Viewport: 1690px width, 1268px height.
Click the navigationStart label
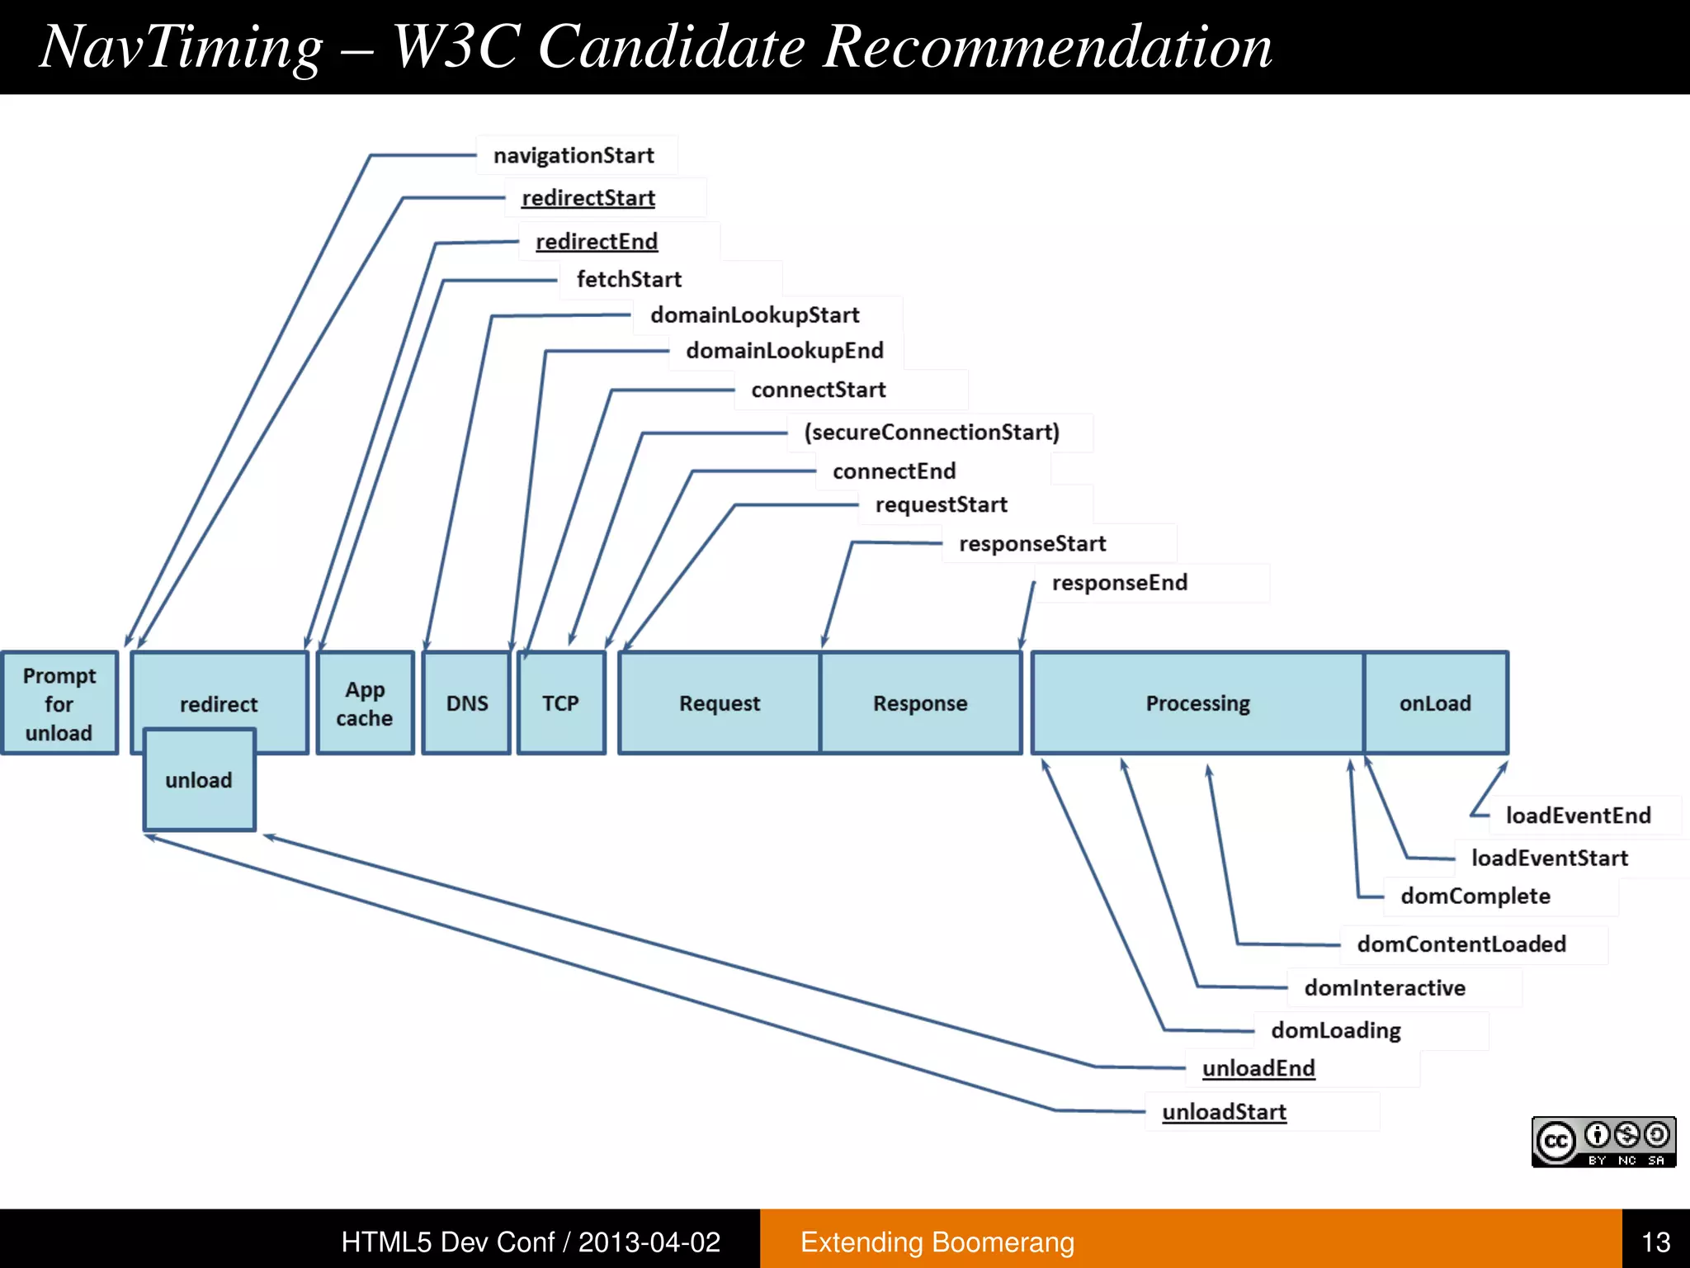point(574,155)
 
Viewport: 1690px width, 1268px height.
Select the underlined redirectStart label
point(588,198)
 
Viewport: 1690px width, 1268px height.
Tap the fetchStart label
point(629,279)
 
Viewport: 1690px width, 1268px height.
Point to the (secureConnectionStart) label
point(931,432)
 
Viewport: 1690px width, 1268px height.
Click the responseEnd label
point(1119,583)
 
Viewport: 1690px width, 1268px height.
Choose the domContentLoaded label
point(1461,944)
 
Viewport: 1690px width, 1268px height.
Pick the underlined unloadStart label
point(1224,1112)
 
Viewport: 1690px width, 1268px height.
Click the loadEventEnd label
point(1578,816)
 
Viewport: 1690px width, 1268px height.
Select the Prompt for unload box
point(59,703)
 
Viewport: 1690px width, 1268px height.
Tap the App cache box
point(365,703)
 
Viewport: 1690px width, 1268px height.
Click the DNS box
point(467,703)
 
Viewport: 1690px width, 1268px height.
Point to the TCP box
point(560,703)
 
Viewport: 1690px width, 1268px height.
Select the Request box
point(720,703)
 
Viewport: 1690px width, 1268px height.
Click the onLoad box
point(1435,703)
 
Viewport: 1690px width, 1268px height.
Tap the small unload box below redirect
point(199,780)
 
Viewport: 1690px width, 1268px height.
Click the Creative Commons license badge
point(1603,1142)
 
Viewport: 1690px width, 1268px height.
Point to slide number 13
point(1655,1242)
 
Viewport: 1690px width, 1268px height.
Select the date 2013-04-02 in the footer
point(649,1242)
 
